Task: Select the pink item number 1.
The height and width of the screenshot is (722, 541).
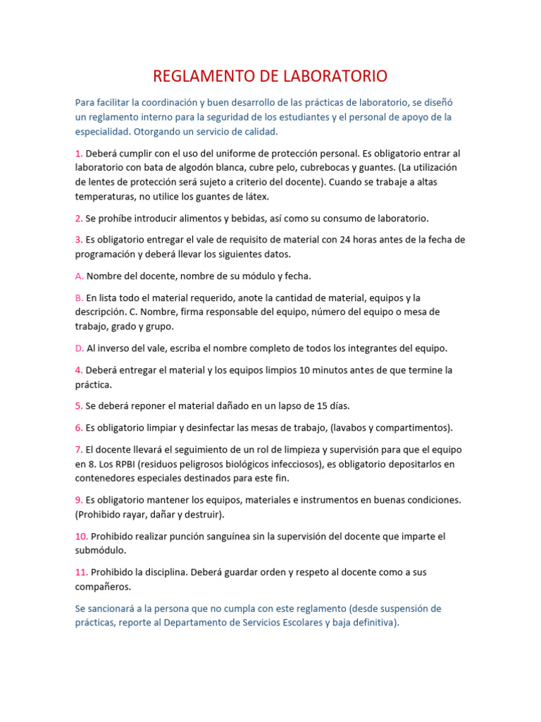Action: [79, 153]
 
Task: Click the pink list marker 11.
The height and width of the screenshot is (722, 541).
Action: [82, 572]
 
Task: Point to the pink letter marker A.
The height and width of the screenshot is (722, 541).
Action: [79, 276]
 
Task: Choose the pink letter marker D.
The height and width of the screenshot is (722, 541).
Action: [80, 348]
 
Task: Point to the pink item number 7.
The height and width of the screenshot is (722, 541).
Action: [79, 449]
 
